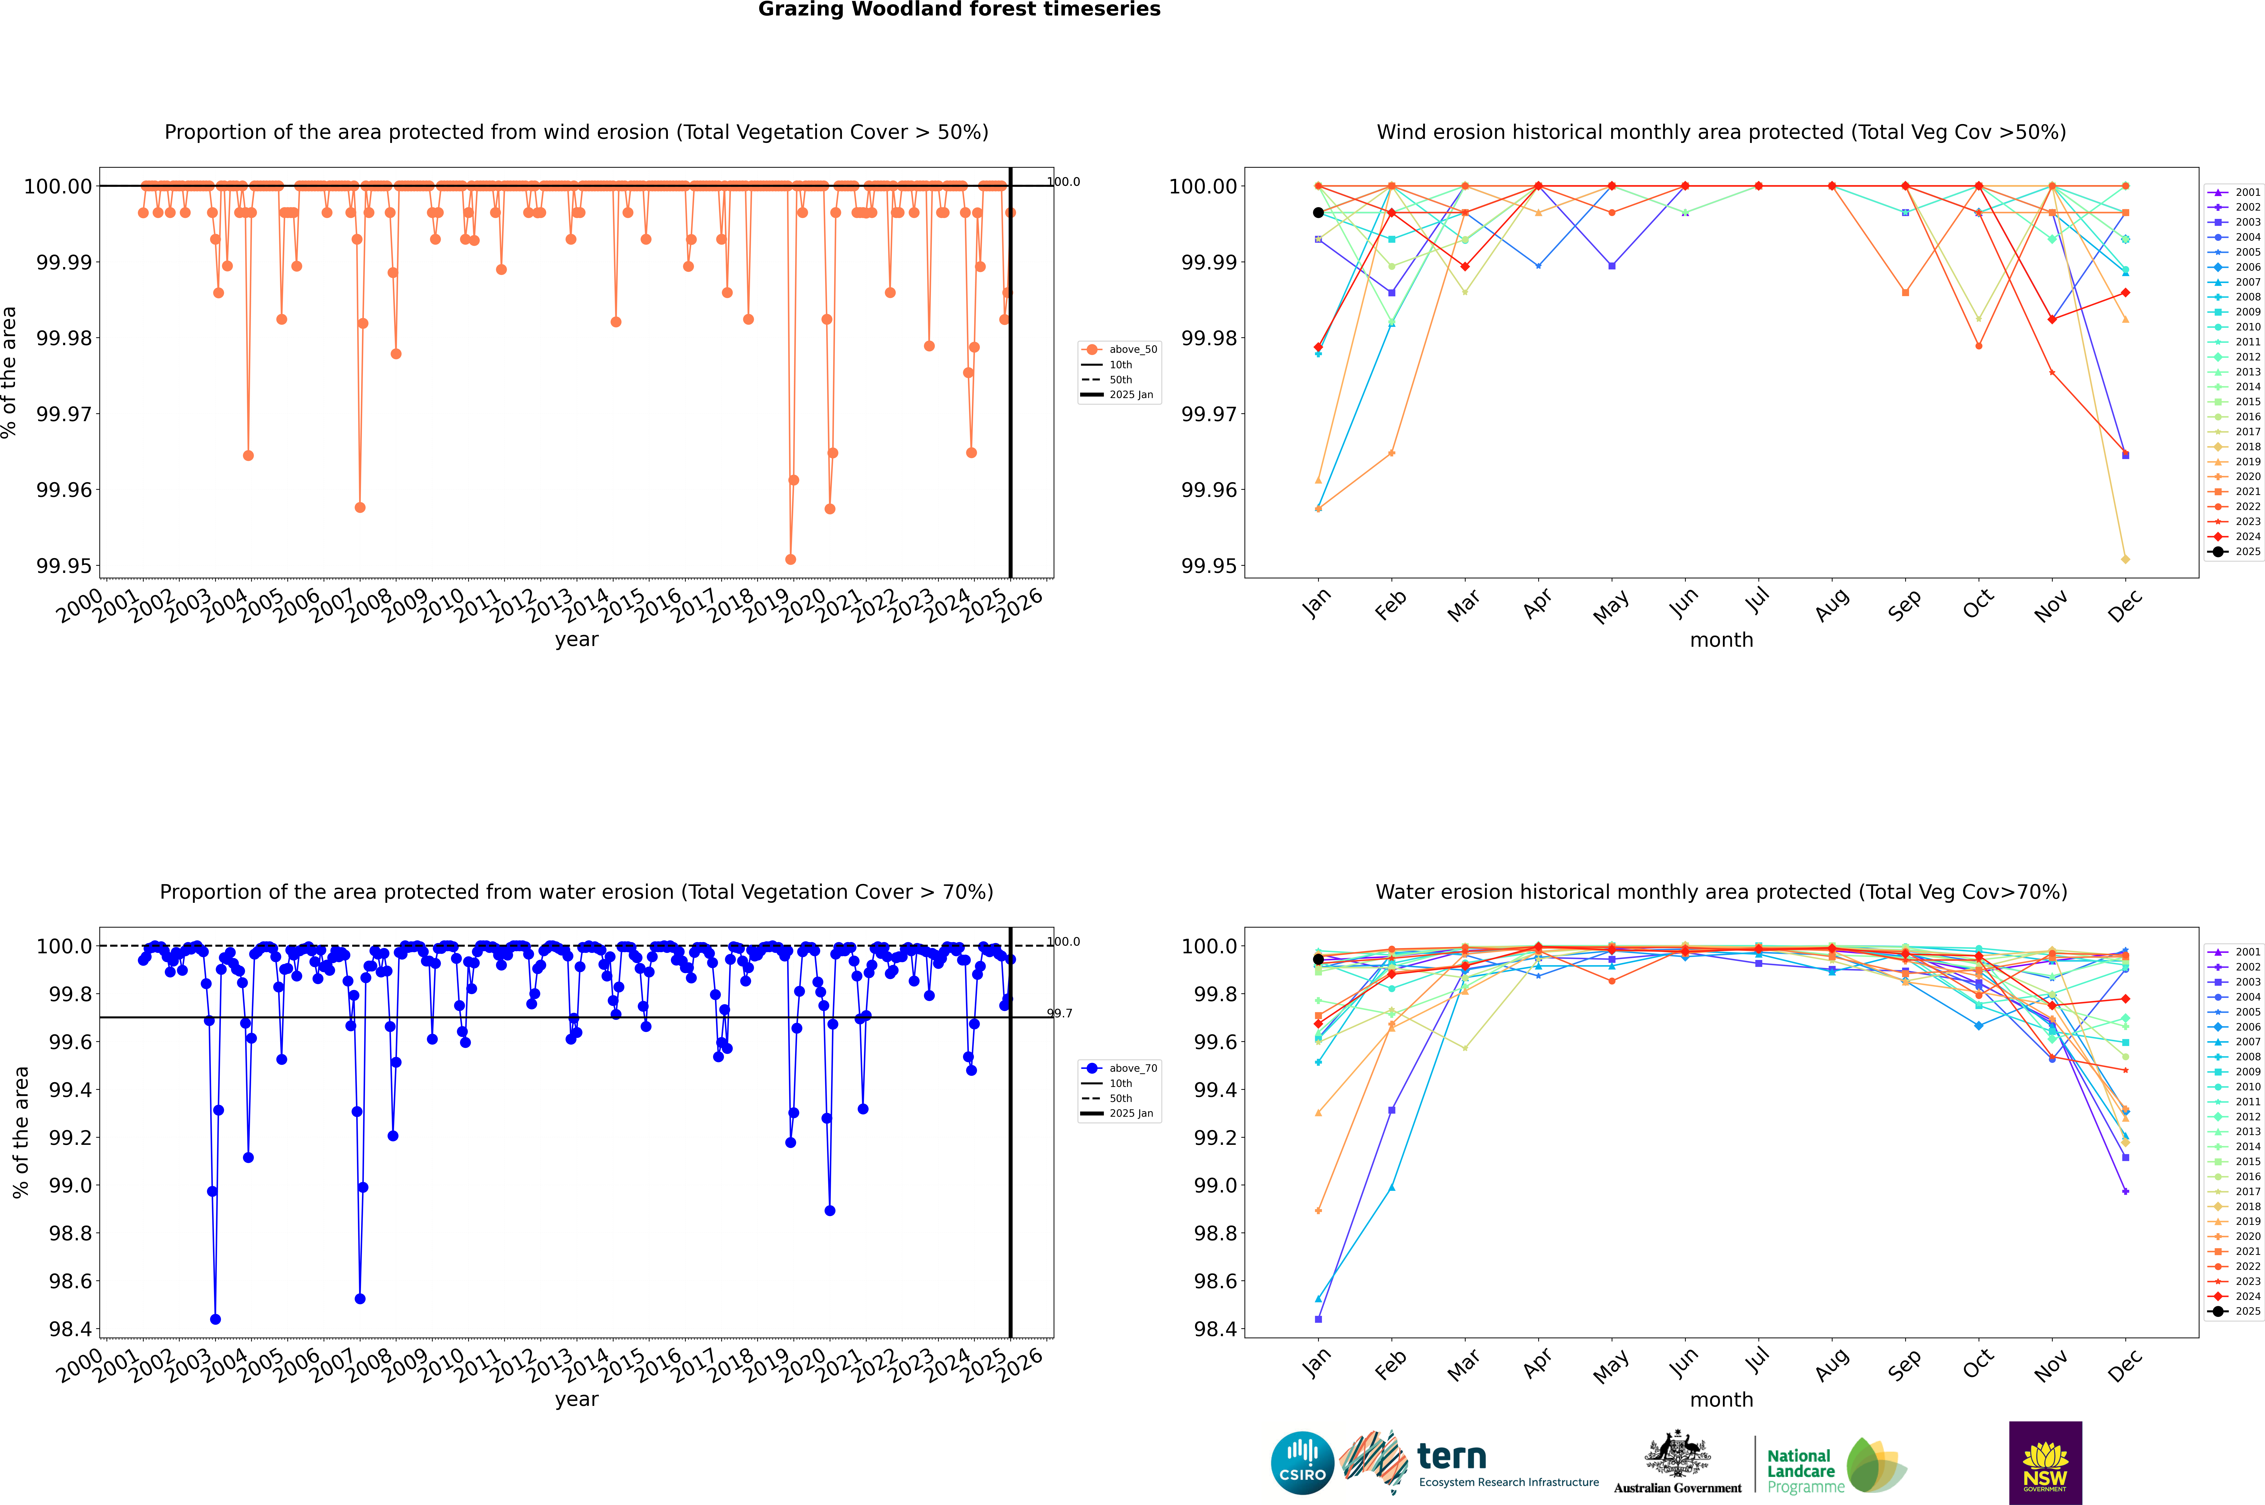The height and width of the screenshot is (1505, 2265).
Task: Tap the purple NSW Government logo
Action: (2045, 1463)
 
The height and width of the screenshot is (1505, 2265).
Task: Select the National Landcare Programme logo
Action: (1836, 1466)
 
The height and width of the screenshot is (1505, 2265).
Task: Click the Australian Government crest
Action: (1677, 1463)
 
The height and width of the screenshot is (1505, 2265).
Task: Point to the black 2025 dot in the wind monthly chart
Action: (1318, 212)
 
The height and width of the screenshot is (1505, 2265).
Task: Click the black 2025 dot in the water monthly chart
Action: (1318, 959)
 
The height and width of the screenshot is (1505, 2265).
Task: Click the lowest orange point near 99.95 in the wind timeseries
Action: (790, 559)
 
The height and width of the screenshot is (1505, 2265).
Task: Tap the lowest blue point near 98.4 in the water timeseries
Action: (215, 1319)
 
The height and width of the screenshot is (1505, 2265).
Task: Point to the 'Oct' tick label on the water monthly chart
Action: (1978, 1361)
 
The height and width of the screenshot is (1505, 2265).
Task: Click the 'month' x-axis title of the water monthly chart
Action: (1722, 1399)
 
